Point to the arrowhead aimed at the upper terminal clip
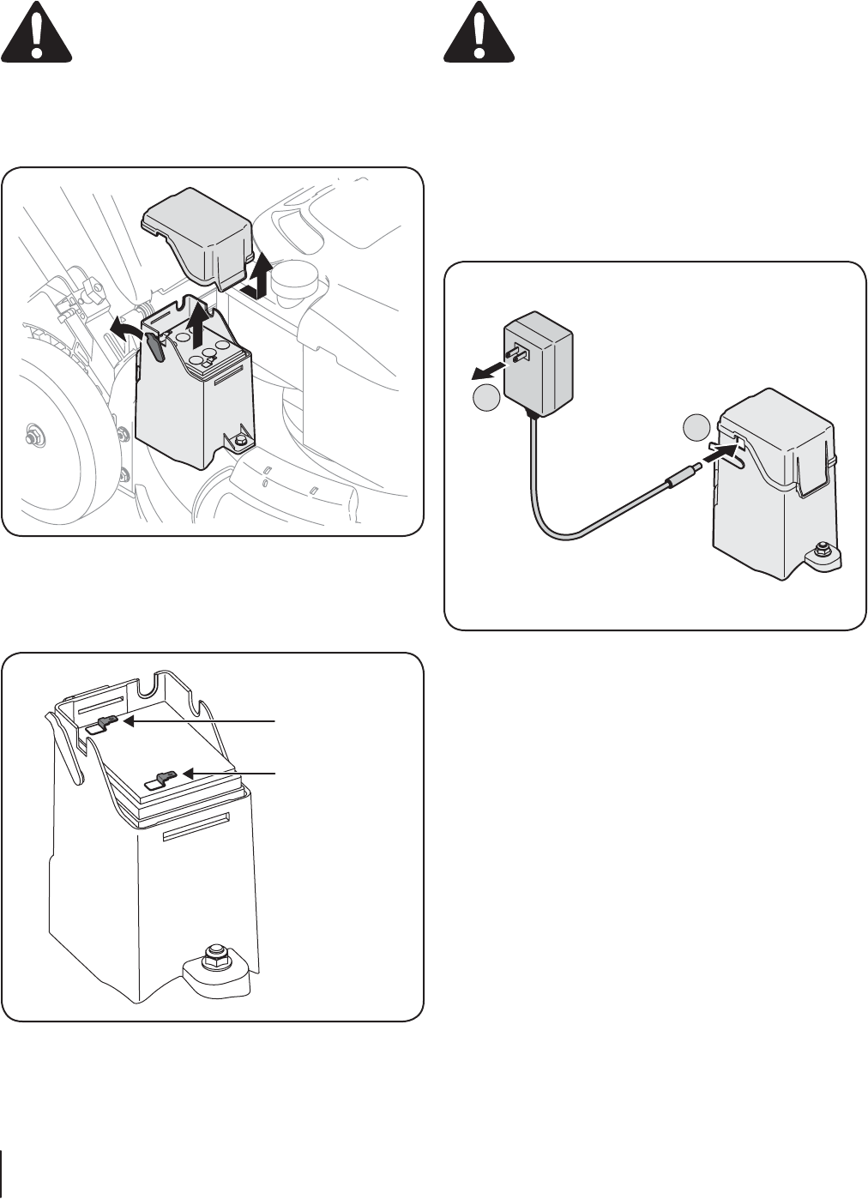coord(130,723)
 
